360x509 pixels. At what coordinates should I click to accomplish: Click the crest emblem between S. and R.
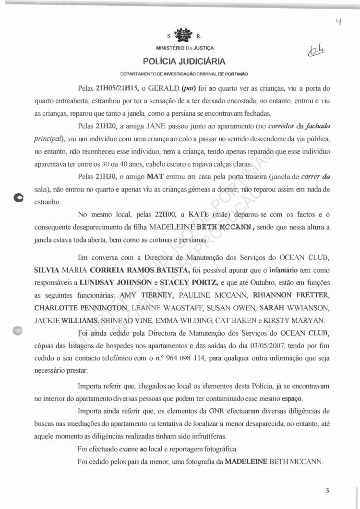[x=183, y=35]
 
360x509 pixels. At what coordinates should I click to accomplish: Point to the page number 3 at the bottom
[x=327, y=490]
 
